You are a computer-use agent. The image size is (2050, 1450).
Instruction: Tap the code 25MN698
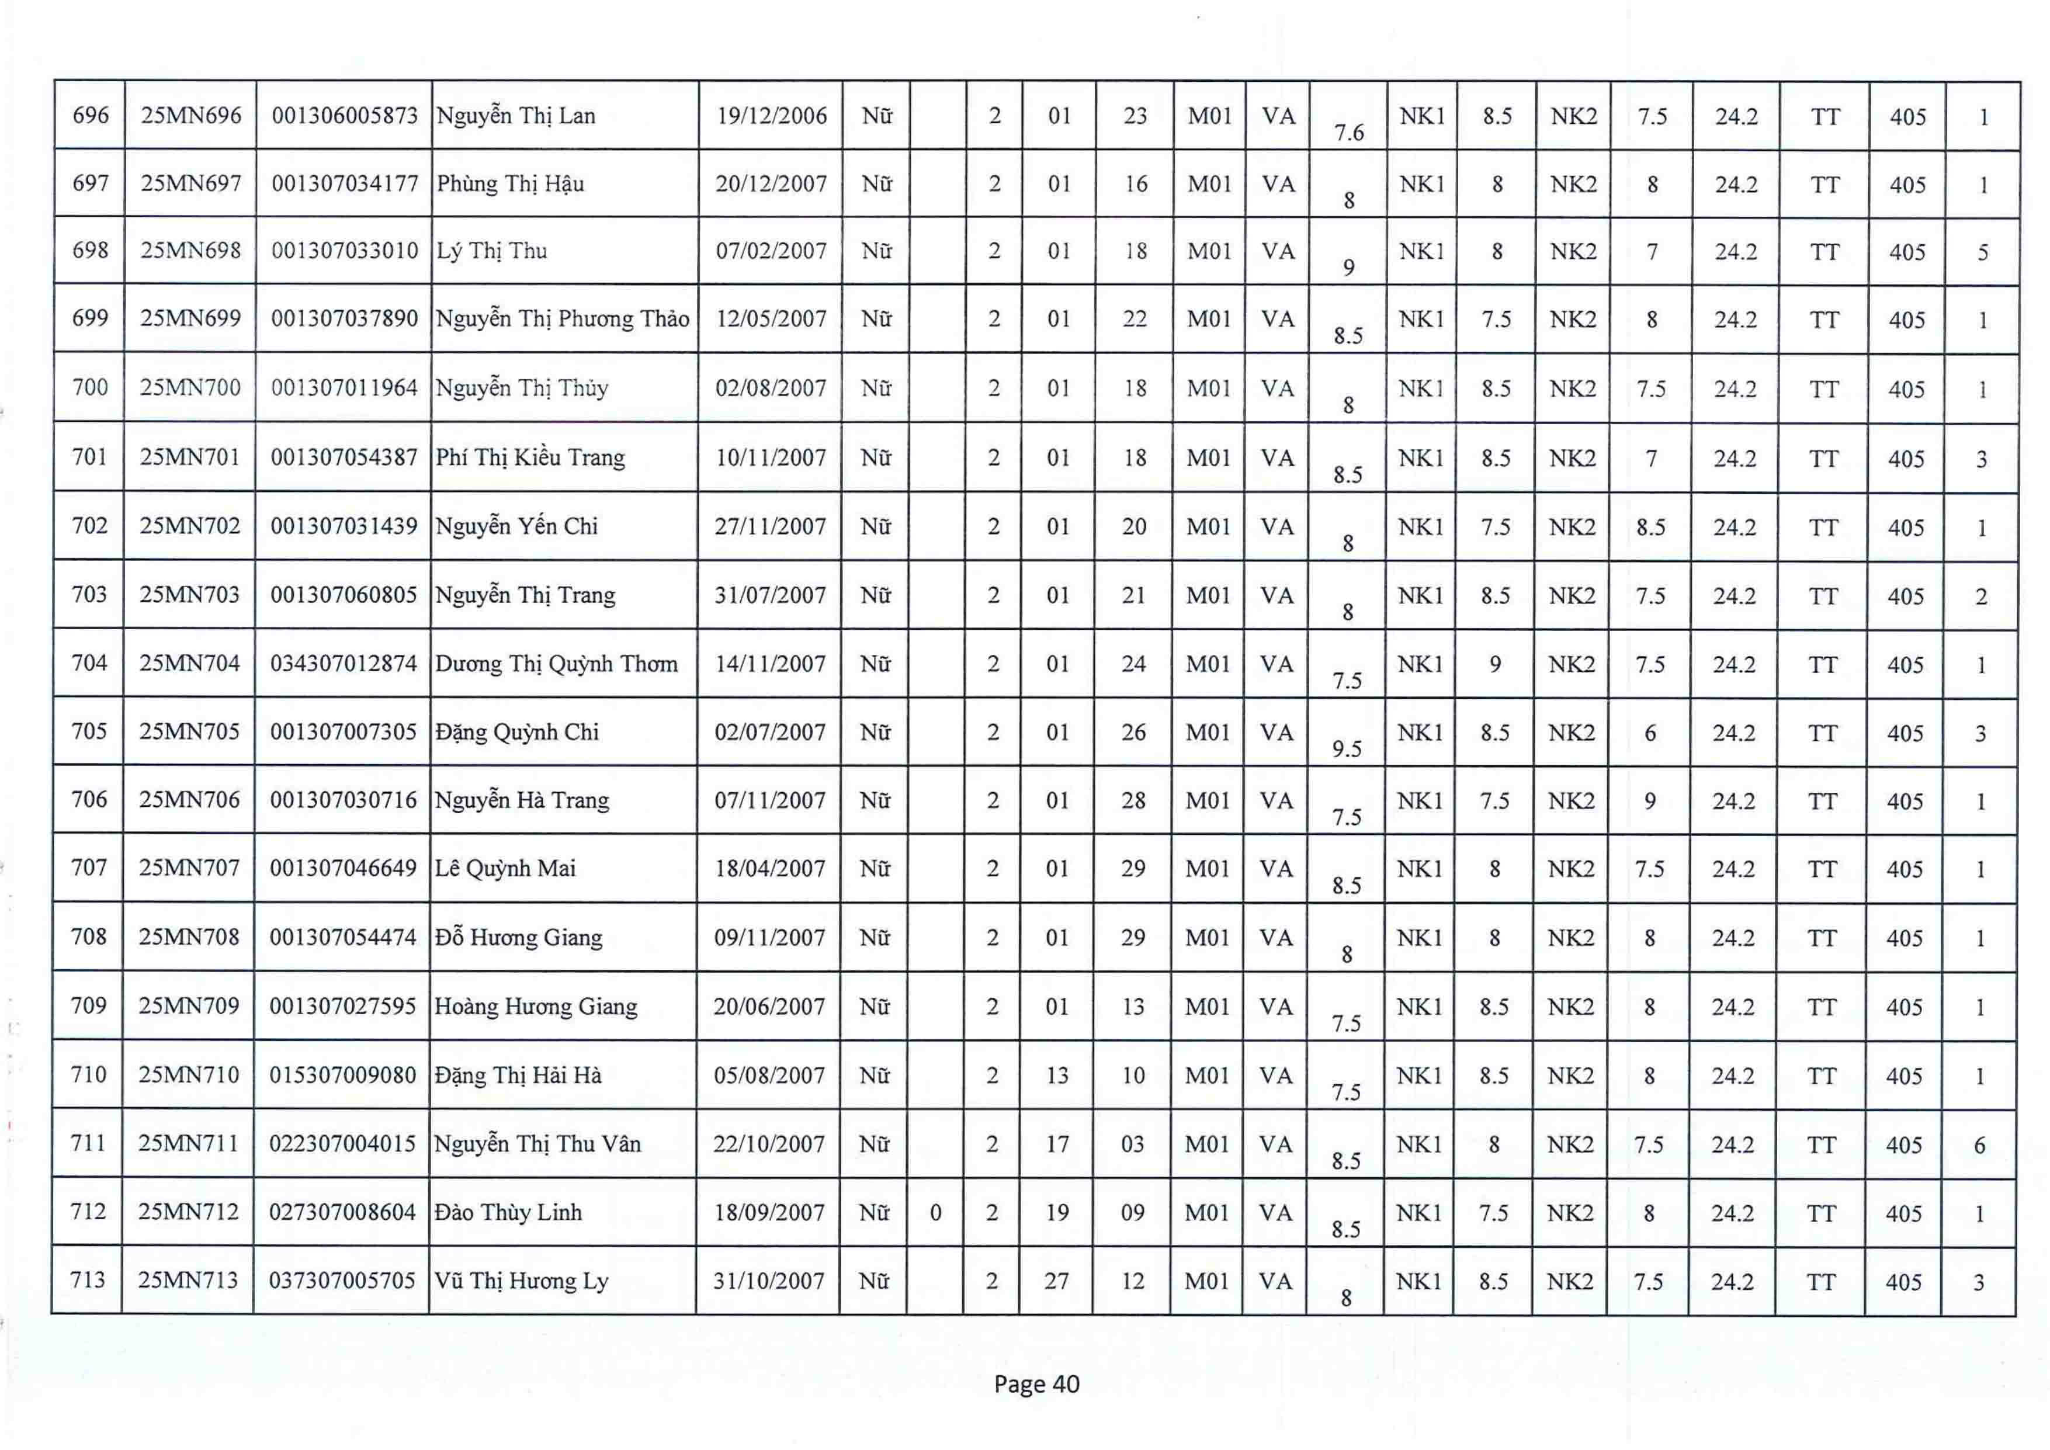pos(190,251)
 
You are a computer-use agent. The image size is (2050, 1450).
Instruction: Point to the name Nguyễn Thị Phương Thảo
pos(563,319)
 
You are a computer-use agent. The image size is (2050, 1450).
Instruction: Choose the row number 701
pos(89,457)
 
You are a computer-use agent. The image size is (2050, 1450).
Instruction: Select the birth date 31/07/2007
pos(769,595)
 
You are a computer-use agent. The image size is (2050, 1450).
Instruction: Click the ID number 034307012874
pos(344,664)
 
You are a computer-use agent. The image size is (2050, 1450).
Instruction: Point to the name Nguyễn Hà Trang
pos(522,800)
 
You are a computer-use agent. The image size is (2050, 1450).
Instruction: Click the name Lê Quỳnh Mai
pos(505,868)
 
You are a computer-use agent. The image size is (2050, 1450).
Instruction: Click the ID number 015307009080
pos(343,1075)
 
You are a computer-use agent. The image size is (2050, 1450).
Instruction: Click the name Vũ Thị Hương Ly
pos(522,1281)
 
